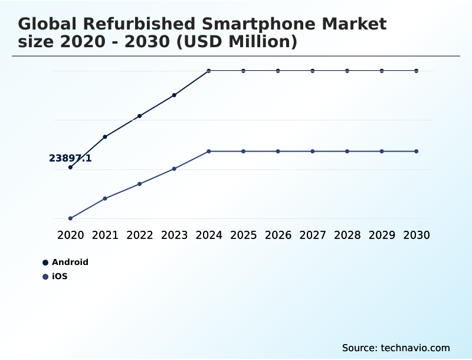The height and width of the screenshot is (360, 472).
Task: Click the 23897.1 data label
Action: (x=70, y=158)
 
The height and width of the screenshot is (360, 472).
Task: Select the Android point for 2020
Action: (x=70, y=167)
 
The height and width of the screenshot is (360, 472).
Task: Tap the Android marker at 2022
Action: (x=140, y=116)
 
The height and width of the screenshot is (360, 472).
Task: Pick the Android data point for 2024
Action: (x=209, y=71)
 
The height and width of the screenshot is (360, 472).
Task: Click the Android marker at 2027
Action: (x=313, y=71)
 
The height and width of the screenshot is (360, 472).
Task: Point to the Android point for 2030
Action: (x=417, y=71)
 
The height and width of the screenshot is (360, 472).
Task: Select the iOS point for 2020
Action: (x=70, y=218)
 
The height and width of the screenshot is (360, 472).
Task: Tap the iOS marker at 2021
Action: (x=105, y=198)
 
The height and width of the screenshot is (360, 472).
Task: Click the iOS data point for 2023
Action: (x=174, y=169)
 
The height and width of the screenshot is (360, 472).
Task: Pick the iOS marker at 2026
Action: (x=278, y=152)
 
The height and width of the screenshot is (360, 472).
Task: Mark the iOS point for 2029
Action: (x=382, y=152)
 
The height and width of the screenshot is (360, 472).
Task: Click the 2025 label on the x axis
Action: (x=243, y=235)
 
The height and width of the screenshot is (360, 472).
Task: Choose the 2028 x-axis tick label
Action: (x=347, y=235)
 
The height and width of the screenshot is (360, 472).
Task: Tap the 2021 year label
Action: (x=105, y=235)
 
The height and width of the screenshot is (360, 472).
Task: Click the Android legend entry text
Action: (x=70, y=262)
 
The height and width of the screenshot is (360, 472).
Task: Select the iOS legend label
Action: (x=60, y=276)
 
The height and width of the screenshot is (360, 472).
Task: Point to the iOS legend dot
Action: (x=45, y=276)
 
